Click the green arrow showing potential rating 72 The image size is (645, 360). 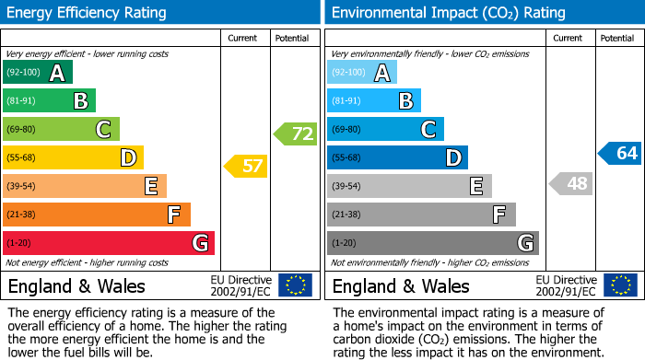tap(296, 134)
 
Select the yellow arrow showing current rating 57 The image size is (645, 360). tap(246, 167)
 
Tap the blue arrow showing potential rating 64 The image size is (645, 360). tap(620, 153)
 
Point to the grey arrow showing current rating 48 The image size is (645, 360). tap(570, 183)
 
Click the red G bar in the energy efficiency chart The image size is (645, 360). tap(108, 243)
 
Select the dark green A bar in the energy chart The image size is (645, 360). tap(37, 72)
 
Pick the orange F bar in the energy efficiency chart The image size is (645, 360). tap(96, 215)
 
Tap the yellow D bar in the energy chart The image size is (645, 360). tap(73, 157)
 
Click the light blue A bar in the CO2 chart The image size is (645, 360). tap(361, 72)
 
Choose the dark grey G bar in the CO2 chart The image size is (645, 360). tap(432, 243)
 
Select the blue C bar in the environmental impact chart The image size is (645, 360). tap(385, 129)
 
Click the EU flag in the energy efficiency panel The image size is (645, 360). tap(295, 285)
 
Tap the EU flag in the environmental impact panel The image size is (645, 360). tap(620, 285)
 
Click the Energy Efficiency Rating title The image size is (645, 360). tap(88, 13)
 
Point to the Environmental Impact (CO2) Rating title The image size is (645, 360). tap(447, 13)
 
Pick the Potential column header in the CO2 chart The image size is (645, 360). tap(617, 38)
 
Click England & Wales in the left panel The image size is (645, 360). tap(76, 285)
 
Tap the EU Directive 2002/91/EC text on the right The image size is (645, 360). tap(567, 285)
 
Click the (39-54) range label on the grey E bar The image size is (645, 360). tap(346, 186)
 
